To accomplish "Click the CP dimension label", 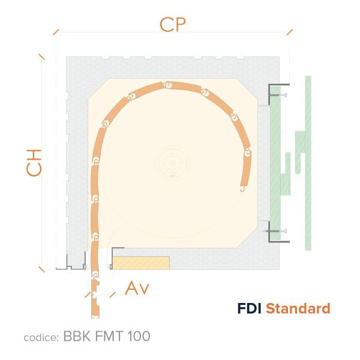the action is pos(173,25).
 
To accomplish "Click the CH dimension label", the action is pos(34,163).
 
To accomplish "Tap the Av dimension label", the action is pos(137,287).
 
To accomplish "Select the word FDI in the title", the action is pos(249,308).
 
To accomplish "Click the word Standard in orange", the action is pos(298,308).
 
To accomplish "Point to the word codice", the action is pos(41,337).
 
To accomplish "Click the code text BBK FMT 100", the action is pos(107,336).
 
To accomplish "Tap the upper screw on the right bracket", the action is pos(278,95).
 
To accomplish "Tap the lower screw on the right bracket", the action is pos(277,231).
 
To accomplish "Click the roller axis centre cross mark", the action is pos(172,163).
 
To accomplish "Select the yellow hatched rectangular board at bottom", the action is pos(141,263).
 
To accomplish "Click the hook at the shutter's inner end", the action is pos(242,189).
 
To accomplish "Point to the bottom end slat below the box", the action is pos(95,299).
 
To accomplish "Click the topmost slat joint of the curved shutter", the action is pos(168,85).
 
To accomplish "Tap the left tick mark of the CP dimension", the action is pos(56,32).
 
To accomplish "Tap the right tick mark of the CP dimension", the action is pos(290,32).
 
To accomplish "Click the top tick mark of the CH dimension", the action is pos(41,57).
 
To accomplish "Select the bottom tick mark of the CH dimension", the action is pos(41,269).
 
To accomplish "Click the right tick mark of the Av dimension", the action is pos(112,295).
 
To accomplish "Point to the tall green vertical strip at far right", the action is pos(308,163).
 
